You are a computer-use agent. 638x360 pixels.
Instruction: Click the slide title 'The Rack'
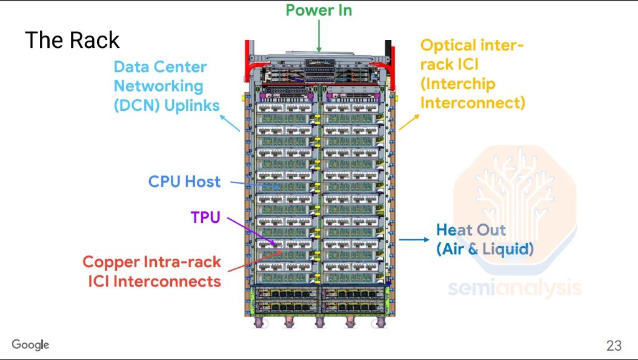72,40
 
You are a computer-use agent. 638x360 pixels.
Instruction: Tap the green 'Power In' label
318,10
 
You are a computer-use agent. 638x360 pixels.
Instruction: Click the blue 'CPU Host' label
184,182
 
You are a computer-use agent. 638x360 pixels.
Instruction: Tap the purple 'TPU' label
205,218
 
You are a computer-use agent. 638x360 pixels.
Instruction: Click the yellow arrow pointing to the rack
411,121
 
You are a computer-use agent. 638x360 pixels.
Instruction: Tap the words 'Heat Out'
470,230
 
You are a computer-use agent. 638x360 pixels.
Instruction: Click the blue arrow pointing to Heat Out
414,239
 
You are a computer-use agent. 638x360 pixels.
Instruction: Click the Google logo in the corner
30,345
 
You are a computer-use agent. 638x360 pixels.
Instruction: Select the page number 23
614,346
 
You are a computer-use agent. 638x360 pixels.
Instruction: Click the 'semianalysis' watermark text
515,288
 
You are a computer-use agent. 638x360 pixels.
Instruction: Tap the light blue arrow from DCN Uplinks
232,123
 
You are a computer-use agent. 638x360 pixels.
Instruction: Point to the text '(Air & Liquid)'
485,249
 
